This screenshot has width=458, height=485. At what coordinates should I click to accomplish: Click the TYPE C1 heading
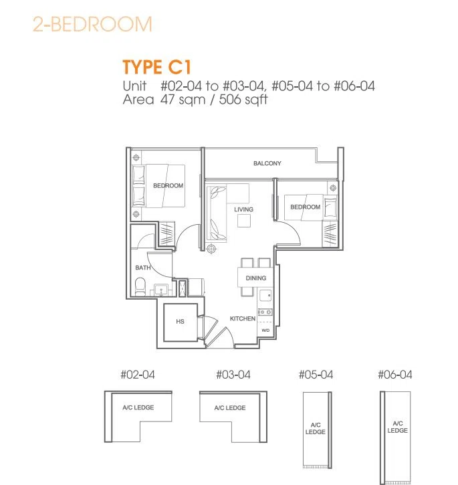157,67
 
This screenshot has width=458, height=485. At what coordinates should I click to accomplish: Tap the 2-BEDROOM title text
92,24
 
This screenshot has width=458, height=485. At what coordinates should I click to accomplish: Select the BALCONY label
267,163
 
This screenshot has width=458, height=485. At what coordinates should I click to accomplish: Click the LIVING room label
243,209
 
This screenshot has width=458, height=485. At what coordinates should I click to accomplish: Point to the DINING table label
256,278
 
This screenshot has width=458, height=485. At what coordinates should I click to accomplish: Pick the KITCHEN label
243,318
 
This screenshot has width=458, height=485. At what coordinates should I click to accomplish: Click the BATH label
143,268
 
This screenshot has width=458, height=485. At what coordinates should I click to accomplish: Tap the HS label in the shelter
180,322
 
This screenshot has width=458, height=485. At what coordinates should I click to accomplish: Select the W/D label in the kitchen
265,330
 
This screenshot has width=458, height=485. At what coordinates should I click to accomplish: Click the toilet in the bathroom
140,287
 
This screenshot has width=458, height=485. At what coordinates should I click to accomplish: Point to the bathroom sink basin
161,290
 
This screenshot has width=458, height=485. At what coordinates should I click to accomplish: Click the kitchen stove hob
265,312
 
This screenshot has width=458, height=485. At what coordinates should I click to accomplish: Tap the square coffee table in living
244,221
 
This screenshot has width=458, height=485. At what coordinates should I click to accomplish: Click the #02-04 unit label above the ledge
138,375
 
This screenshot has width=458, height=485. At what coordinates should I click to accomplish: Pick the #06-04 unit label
395,375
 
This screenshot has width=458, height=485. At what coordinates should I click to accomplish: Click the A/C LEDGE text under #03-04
230,408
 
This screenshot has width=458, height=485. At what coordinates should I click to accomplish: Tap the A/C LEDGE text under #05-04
316,428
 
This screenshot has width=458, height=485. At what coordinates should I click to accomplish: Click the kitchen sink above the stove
265,296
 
